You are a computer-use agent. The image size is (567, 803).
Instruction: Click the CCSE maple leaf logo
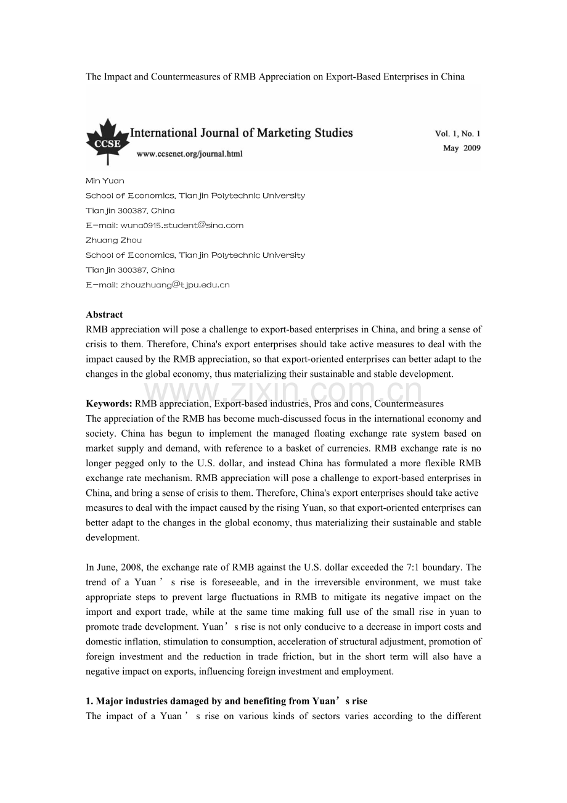click(x=107, y=141)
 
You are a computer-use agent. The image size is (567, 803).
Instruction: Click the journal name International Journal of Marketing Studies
click(x=242, y=133)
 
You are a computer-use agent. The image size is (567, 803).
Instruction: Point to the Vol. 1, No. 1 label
click(x=457, y=133)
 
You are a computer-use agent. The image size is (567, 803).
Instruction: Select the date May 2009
click(x=462, y=148)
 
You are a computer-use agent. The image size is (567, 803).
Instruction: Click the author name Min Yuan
click(x=105, y=181)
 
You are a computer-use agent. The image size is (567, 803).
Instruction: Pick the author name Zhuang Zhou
click(x=113, y=241)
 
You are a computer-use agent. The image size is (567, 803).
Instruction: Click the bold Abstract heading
click(x=104, y=315)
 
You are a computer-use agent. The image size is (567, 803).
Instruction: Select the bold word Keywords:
click(x=109, y=404)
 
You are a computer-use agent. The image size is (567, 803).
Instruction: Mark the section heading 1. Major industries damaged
click(x=226, y=701)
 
